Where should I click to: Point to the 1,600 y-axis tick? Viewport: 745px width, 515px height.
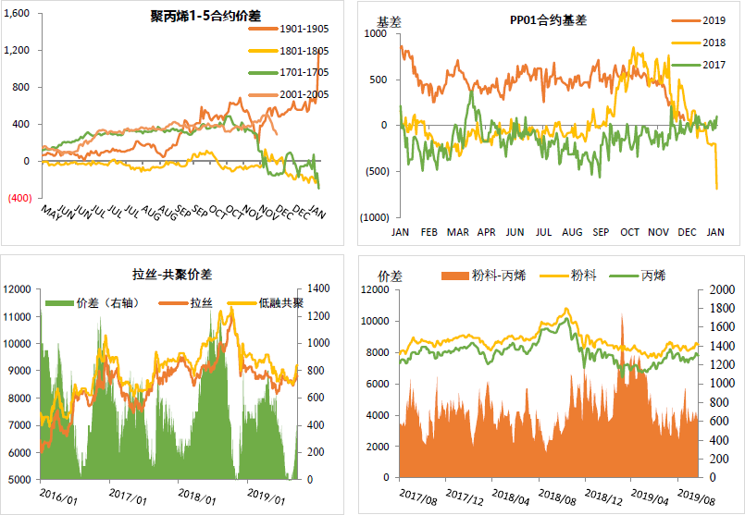18,14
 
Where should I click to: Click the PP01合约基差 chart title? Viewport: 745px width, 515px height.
548,19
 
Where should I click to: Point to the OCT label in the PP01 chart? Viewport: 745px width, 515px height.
629,232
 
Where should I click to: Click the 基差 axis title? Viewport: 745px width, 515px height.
389,19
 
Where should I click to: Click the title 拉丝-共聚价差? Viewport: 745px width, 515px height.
172,274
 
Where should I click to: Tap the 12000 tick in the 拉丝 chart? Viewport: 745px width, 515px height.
18,289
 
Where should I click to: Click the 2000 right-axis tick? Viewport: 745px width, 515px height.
713,289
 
